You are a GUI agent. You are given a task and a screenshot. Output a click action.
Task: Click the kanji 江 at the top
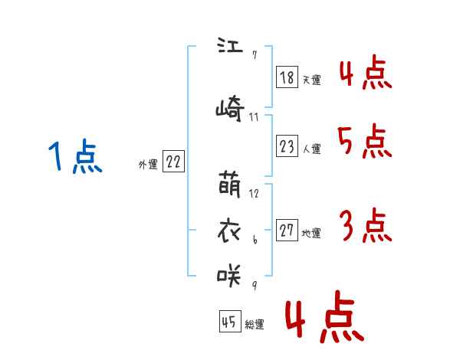230,45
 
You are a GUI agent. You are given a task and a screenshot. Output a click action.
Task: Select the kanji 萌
230,184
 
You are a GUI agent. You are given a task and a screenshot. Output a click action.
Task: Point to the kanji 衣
229,231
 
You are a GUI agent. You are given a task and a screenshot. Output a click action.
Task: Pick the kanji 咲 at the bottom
228,275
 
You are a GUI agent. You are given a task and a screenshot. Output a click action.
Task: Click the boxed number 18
287,77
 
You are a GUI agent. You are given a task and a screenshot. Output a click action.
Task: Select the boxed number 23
287,146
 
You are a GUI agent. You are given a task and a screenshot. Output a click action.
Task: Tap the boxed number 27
287,230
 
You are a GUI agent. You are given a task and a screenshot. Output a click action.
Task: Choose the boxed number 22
173,161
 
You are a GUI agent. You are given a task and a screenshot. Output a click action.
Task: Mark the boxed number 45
230,321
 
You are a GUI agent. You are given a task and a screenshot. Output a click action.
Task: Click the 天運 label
312,80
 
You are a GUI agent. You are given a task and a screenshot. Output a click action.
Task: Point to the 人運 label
312,149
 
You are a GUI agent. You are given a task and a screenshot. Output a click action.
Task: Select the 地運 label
311,234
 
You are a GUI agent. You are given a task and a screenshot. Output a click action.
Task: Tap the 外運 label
148,165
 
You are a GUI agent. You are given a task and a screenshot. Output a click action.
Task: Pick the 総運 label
255,324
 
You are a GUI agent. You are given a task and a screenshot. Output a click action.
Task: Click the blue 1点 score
75,156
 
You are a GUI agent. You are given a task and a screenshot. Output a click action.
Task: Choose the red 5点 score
365,141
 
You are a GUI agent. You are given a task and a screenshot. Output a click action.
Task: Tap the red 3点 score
366,225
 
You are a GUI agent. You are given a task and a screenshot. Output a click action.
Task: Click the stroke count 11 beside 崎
254,117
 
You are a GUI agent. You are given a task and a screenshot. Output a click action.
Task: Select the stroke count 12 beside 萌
254,194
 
